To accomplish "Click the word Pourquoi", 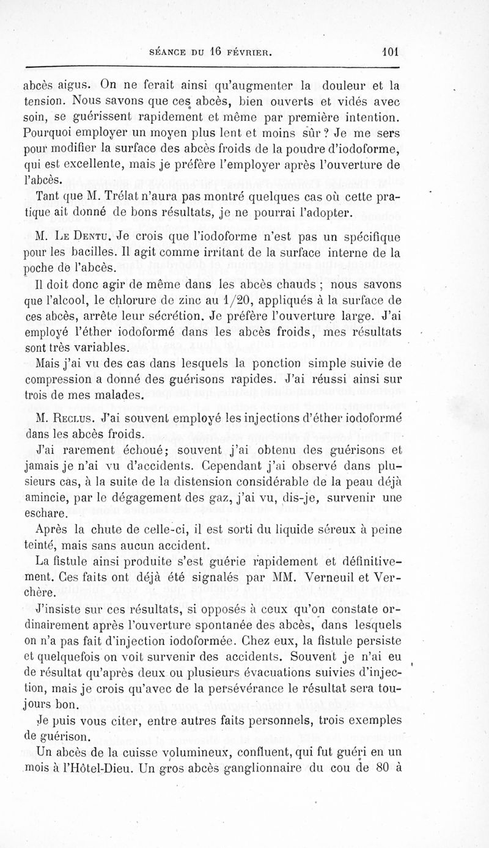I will pos(59,131).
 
